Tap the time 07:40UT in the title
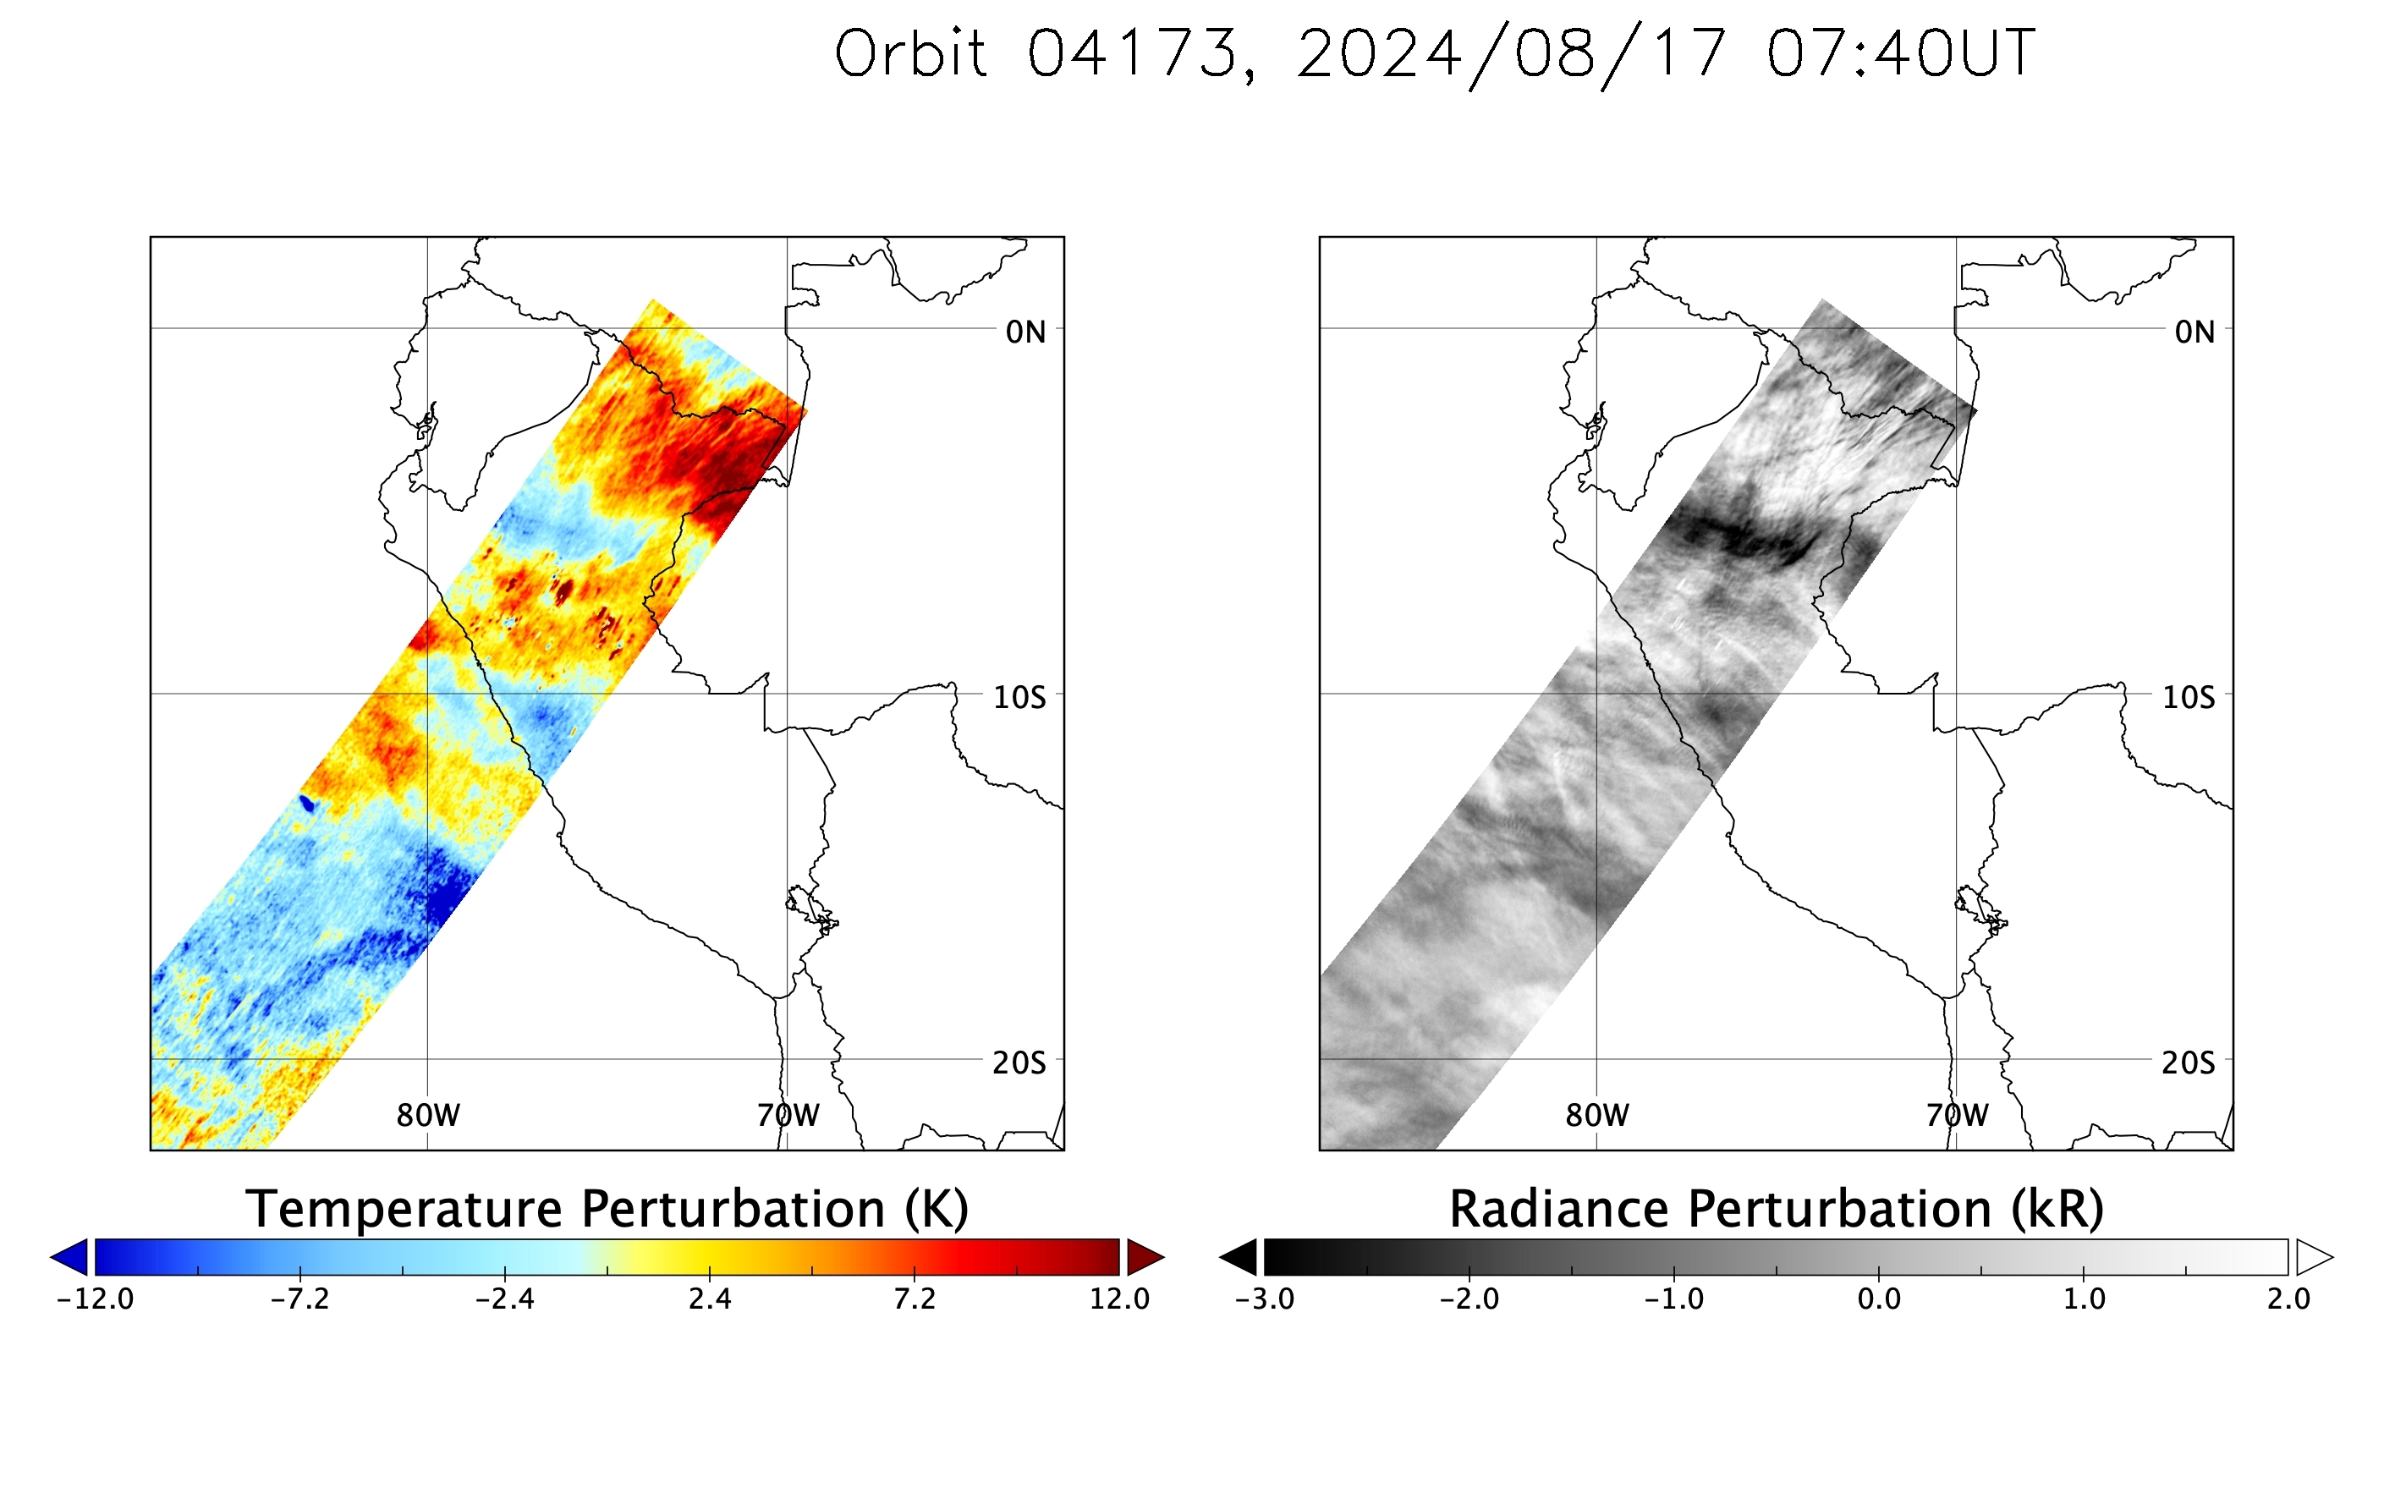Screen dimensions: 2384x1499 click(1901, 53)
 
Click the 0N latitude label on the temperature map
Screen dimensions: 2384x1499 click(1025, 332)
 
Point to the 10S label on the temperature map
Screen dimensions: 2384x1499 click(1019, 698)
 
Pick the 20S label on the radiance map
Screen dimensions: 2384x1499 click(2188, 1063)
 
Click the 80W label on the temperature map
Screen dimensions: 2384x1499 click(428, 1116)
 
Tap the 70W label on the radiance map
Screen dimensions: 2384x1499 click(1958, 1116)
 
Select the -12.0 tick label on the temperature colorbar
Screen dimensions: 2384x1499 click(95, 1299)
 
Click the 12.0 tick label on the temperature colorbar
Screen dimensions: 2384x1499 click(1120, 1299)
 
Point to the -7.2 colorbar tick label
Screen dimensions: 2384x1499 click(300, 1299)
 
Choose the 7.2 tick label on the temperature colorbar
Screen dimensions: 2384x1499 click(914, 1299)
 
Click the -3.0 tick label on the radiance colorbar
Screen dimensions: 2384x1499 click(1264, 1299)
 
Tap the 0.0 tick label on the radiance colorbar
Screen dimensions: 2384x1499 click(1879, 1299)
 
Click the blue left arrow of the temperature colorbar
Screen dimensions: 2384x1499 click(69, 1257)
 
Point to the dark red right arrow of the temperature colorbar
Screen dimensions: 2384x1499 click(1145, 1257)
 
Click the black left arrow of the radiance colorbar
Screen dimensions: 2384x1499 click(1239, 1257)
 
